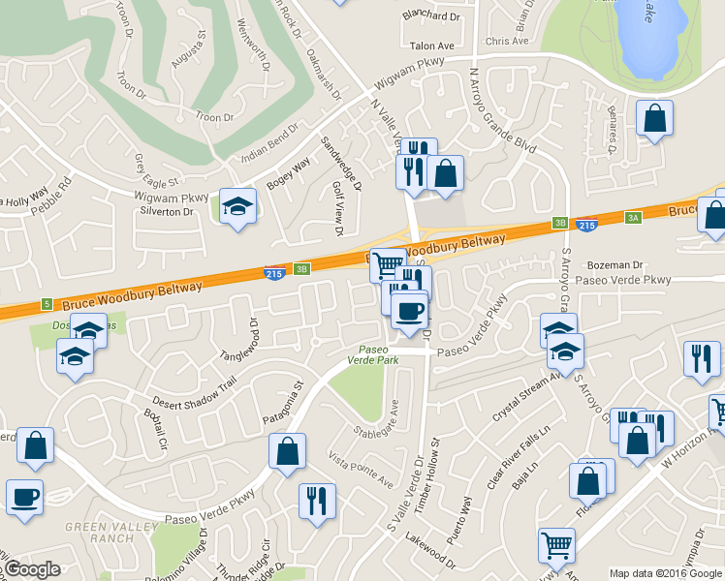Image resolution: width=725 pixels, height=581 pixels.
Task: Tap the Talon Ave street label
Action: pos(432,46)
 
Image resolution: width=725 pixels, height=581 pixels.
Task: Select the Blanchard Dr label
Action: pos(431,15)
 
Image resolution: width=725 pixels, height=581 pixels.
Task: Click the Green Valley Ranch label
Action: pos(98,532)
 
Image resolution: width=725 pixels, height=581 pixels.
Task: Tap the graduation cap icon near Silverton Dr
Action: pos(237,206)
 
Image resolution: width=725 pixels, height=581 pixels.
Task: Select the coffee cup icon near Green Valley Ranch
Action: pos(24,497)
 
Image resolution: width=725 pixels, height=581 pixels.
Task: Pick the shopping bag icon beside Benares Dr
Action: pos(655,119)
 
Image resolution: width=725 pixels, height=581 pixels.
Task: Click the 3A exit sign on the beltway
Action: pos(634,218)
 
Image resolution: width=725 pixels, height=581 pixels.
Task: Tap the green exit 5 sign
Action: pos(46,304)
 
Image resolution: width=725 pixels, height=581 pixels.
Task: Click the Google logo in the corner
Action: pos(32,569)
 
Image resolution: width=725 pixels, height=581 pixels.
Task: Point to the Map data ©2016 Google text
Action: pos(665,573)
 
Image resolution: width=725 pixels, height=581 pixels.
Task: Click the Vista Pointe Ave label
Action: pos(361,469)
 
